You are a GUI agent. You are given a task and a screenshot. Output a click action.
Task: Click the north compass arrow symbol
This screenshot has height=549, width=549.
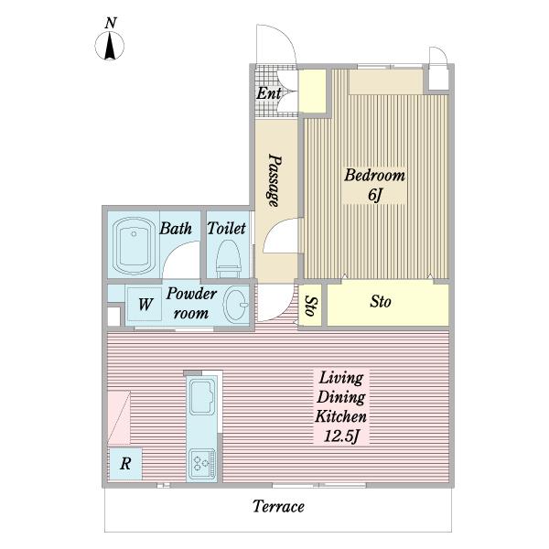coord(110,46)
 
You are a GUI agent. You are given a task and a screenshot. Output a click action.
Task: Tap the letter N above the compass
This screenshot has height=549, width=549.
coord(111,23)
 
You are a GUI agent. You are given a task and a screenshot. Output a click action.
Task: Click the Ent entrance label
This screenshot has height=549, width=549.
coord(268,93)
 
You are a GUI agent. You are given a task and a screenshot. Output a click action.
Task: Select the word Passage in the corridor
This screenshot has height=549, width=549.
coord(274,180)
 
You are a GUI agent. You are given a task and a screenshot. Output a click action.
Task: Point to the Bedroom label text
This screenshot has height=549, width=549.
coord(374,175)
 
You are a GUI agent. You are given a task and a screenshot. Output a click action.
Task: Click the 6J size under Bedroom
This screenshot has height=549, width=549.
coord(374,194)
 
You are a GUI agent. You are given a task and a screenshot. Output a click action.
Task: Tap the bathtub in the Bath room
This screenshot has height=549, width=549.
coord(135,246)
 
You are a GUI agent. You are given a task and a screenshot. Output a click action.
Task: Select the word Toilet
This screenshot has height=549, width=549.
coord(227,228)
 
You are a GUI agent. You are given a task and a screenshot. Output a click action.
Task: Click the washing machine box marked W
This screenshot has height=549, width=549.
coord(145,304)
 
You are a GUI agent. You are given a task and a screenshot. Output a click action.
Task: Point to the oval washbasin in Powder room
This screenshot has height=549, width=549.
coord(236,304)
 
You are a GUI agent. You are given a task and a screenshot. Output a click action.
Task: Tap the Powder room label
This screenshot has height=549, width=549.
coord(191,303)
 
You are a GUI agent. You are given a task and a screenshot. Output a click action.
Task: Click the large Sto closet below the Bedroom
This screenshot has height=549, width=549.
coord(388,305)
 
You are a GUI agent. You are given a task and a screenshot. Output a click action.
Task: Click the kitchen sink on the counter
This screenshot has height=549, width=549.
coord(201,397)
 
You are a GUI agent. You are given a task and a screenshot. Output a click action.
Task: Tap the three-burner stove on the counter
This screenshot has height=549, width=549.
coord(201,464)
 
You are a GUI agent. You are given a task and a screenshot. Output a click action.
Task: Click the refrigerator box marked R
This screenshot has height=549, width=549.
coord(125,464)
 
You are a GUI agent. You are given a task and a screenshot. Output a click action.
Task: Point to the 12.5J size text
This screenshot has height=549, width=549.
coord(341,436)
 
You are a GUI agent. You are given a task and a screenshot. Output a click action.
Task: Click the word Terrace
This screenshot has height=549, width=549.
coord(278,507)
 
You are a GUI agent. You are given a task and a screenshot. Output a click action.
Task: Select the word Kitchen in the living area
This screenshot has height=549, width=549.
coord(341,416)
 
